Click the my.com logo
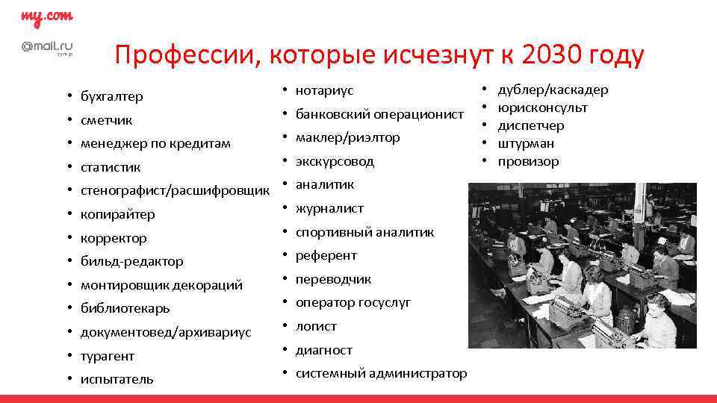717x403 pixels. (x=46, y=17)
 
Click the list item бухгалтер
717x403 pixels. (x=112, y=96)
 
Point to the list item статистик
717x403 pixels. (x=110, y=167)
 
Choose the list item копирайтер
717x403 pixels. (x=118, y=215)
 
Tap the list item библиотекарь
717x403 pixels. (x=125, y=308)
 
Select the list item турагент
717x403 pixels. (x=108, y=356)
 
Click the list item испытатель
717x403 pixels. (x=117, y=379)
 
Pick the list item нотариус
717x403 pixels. (x=324, y=90)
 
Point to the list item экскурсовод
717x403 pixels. (x=335, y=161)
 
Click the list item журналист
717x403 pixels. (x=329, y=209)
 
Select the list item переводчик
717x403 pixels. (x=333, y=279)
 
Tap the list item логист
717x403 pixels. (x=316, y=326)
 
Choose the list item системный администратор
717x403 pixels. (x=381, y=373)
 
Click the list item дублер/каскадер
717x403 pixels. (x=553, y=90)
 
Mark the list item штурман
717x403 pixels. (x=526, y=143)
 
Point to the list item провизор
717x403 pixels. (x=528, y=161)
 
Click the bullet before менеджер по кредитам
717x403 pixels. (x=67, y=143)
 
